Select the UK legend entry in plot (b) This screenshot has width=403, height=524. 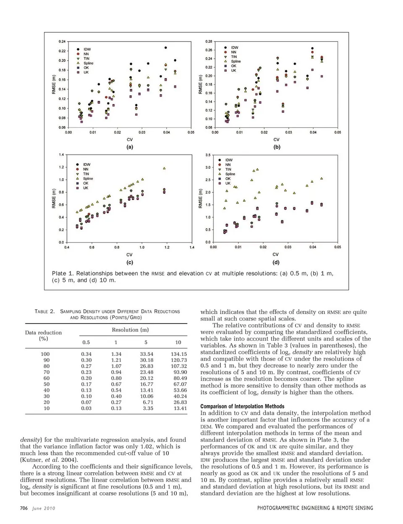233,71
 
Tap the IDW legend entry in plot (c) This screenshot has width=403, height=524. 86,164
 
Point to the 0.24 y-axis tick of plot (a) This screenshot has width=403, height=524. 62,41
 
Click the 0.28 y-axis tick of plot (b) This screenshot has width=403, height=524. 209,41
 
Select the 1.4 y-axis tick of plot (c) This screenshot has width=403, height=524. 62,155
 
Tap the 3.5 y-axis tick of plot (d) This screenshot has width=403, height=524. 208,155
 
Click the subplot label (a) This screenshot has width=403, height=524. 130,147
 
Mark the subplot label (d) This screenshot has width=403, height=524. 276,262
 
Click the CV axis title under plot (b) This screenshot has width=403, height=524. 276,140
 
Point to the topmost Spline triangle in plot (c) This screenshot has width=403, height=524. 164,168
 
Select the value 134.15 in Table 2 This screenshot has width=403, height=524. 179,354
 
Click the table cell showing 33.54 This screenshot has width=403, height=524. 147,354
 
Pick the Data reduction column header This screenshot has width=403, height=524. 43,335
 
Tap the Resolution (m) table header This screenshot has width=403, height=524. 130,330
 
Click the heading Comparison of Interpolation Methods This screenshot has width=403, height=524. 242,406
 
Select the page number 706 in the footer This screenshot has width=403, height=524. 24,508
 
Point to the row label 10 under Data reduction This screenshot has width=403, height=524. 46,408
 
